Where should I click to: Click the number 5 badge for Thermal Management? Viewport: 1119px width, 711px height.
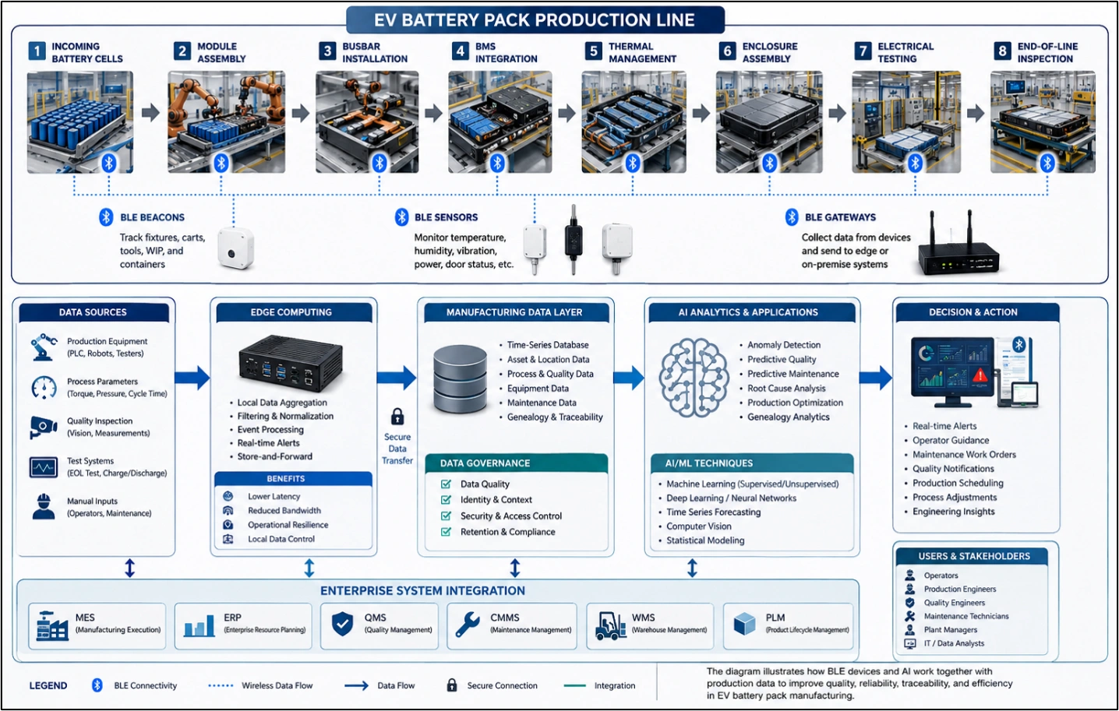pos(594,51)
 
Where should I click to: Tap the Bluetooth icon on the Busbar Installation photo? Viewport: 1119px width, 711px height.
pos(379,163)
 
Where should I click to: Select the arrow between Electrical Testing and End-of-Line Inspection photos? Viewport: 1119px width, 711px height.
pos(976,114)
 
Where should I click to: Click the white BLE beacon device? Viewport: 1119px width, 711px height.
pos(236,247)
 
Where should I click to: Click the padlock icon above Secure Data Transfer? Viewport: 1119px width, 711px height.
pos(397,417)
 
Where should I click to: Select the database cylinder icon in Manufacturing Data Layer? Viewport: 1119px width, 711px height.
pos(460,379)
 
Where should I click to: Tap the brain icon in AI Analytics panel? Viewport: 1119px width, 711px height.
pos(694,378)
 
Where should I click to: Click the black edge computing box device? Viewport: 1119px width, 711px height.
pos(290,363)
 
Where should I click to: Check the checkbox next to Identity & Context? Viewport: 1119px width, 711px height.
pos(446,500)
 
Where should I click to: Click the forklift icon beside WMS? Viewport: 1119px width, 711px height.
pos(610,625)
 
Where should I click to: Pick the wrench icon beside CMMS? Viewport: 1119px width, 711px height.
pos(468,625)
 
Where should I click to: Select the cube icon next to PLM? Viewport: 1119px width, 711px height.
pos(745,624)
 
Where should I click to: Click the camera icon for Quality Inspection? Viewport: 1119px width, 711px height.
pos(44,427)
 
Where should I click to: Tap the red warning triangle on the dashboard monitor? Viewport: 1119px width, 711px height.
pos(980,375)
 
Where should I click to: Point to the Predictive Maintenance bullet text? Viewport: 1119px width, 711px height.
pos(792,374)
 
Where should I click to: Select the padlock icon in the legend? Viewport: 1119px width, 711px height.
pos(452,685)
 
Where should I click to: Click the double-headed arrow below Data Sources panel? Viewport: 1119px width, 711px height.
pos(130,568)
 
